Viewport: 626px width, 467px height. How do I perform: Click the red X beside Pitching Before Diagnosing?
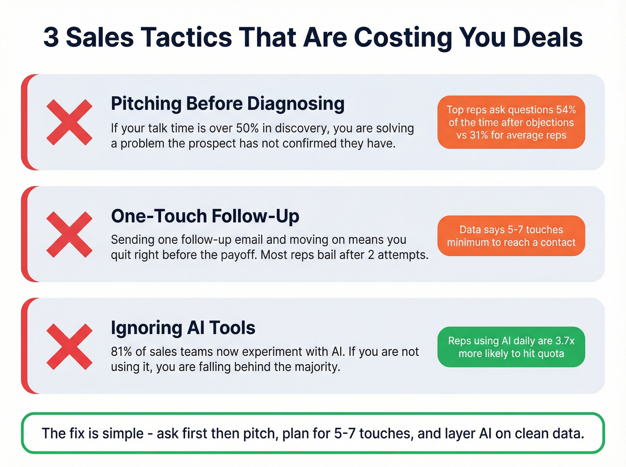pyautogui.click(x=69, y=122)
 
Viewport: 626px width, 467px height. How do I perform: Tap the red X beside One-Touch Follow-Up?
pyautogui.click(x=69, y=235)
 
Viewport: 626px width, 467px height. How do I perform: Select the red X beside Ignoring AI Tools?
pyautogui.click(x=69, y=346)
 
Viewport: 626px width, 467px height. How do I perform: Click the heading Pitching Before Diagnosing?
pyautogui.click(x=228, y=104)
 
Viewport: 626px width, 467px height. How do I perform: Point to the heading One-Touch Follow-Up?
pyautogui.click(x=205, y=216)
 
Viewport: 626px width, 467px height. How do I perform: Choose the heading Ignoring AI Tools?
pyautogui.click(x=183, y=328)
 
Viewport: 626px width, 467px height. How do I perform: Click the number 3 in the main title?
pyautogui.click(x=51, y=37)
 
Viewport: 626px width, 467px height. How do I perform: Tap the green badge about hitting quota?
pyautogui.click(x=511, y=347)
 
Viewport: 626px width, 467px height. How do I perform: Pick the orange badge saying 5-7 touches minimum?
pyautogui.click(x=511, y=236)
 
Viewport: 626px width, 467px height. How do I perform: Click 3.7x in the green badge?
pyautogui.click(x=565, y=341)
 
